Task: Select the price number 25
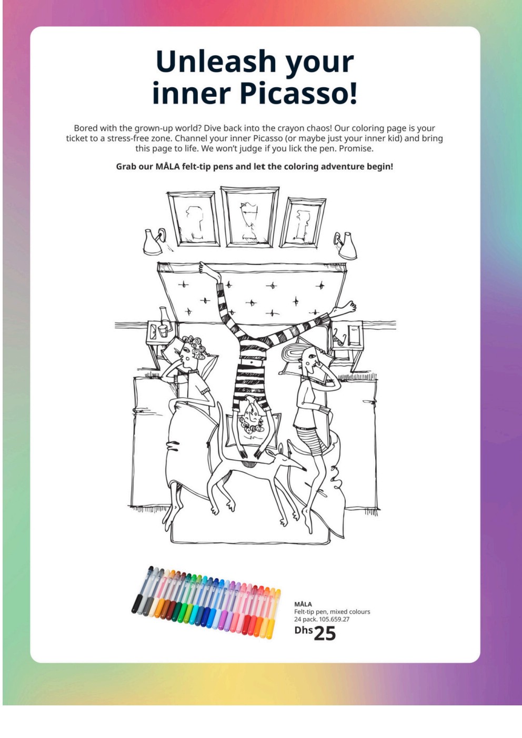pos(325,633)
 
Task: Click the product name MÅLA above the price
pos(303,603)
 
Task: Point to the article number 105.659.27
pos(334,619)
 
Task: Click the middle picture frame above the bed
pos(249,217)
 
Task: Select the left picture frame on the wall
pos(193,219)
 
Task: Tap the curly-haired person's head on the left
pos(191,352)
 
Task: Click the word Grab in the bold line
pos(126,167)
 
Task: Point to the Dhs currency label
pos(303,630)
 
